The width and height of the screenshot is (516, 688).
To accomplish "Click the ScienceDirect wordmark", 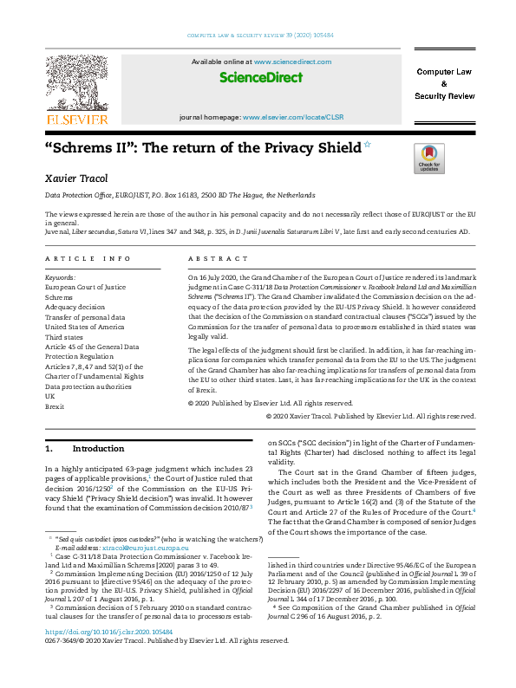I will (260, 78).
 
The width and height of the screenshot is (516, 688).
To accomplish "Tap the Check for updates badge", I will (429, 159).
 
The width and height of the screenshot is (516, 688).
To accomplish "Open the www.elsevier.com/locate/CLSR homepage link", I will (293, 115).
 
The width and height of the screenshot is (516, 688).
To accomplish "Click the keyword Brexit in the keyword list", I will (56, 406).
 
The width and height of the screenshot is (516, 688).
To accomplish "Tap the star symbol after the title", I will (367, 145).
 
